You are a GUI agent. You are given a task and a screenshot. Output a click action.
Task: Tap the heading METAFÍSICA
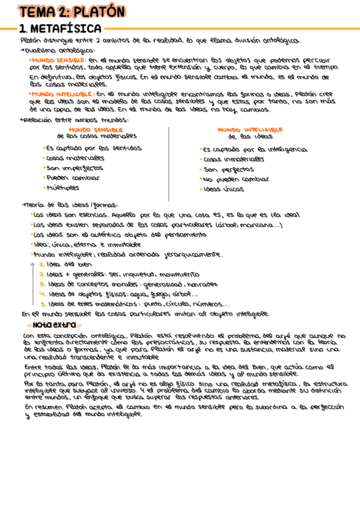66,28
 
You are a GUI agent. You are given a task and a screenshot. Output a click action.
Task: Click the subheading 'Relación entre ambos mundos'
75,120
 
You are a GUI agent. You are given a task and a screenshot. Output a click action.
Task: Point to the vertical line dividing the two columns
168,162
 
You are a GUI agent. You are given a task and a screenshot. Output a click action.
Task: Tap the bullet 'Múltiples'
63,188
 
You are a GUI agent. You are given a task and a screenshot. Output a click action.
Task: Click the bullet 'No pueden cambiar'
236,179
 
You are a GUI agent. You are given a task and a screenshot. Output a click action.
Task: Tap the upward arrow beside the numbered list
32,283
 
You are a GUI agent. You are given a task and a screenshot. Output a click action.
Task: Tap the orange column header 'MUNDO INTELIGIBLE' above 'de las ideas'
250,129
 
